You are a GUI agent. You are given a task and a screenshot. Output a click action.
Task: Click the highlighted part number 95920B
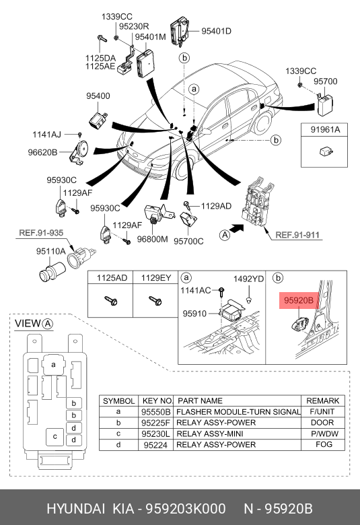coord(299,300)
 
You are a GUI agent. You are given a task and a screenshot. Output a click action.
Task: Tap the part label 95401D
coord(216,31)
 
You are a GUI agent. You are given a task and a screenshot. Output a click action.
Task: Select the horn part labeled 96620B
coord(79,152)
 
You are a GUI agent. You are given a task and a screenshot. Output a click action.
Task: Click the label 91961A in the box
coord(325,130)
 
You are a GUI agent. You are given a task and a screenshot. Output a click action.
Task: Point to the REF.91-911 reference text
coord(297,235)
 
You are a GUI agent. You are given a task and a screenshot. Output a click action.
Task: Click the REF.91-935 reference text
coord(41,233)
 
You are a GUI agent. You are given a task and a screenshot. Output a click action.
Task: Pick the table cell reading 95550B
coord(155,412)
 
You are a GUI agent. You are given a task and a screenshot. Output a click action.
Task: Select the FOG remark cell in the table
coord(324,445)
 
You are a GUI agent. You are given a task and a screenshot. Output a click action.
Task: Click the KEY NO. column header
coord(157,400)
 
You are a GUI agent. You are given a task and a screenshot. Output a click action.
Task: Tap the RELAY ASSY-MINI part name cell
coord(210,434)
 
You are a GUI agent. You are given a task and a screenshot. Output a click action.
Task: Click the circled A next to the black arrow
coord(225,235)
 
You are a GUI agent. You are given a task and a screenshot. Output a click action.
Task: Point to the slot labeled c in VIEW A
coord(55,437)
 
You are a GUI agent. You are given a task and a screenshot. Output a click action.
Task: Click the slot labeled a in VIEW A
coord(54,365)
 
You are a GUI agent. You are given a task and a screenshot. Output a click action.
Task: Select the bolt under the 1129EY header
coord(155,301)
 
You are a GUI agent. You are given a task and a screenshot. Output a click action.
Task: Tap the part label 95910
coord(194,314)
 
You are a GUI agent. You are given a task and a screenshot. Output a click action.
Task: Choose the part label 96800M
coord(152,240)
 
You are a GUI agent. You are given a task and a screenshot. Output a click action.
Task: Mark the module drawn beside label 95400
coord(98,119)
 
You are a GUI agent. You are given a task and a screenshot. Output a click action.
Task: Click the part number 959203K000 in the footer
coord(185,509)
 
